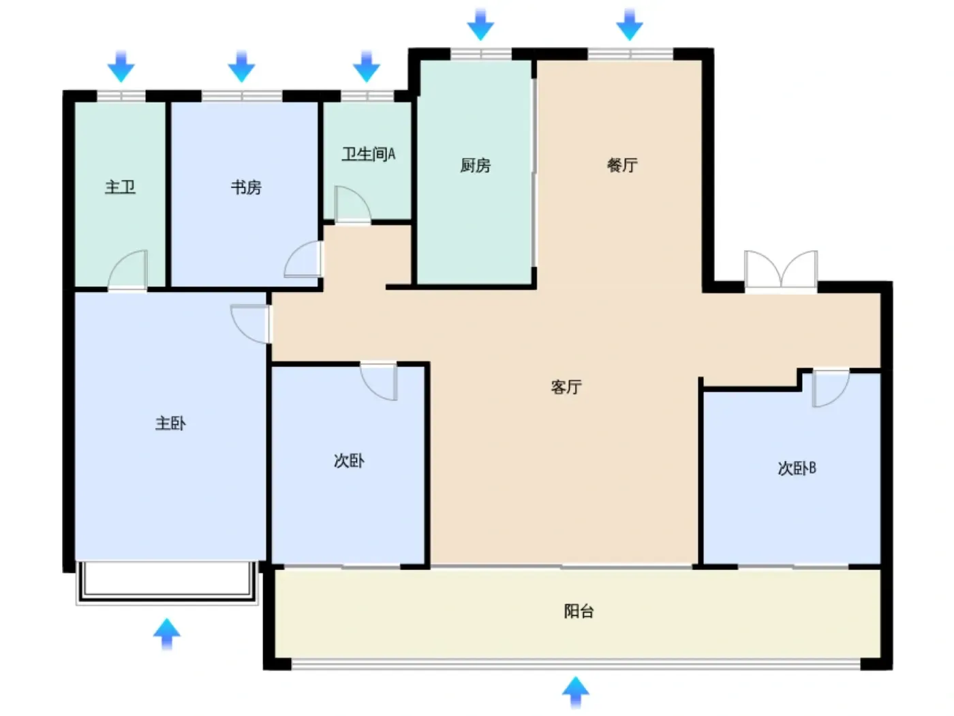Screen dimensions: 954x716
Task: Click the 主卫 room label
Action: coord(121,188)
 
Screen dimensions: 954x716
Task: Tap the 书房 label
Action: coord(246,188)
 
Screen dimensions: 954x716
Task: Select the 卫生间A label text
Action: coord(369,154)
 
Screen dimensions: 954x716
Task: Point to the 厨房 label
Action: coord(476,165)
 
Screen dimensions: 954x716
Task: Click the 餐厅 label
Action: coord(622,165)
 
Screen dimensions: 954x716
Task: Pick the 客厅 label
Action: coord(566,387)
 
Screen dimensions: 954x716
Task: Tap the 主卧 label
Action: coord(170,423)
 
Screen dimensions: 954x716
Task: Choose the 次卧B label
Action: coord(797,468)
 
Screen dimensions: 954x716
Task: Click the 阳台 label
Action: coord(579,611)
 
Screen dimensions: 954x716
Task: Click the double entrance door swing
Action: coord(781,269)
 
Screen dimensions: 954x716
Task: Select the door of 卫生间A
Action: coord(352,205)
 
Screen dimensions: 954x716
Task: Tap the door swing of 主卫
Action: coord(127,269)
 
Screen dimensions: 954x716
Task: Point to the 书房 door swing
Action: coord(303,259)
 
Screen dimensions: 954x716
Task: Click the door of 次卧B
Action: coord(831,389)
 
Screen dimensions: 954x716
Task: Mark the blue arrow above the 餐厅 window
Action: coord(630,25)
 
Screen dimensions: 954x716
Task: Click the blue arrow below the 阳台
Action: coord(576,692)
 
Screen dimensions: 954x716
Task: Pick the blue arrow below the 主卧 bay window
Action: coord(167,634)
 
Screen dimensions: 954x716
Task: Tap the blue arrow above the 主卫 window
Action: coord(121,66)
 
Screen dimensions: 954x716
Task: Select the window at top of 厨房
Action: coord(480,54)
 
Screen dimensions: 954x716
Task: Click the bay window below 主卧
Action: coord(167,582)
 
